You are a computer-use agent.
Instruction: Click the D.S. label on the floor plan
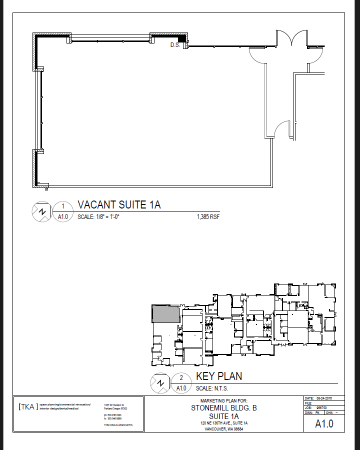[x=175, y=45]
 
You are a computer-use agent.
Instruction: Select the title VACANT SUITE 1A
[x=119, y=205]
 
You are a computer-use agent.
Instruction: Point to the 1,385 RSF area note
[x=208, y=217]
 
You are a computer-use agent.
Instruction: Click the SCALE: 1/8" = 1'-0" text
[x=99, y=217]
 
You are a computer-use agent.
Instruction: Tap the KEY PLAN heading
[x=218, y=376]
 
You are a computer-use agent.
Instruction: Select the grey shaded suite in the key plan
[x=165, y=313]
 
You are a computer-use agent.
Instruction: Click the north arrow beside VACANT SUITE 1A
[x=42, y=212]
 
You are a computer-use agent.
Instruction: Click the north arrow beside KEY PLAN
[x=160, y=383]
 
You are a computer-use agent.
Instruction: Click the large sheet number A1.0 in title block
[x=323, y=424]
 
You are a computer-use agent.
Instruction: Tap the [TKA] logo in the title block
[x=27, y=406]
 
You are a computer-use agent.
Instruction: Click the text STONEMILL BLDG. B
[x=223, y=408]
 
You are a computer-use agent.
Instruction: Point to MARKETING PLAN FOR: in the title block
[x=223, y=401]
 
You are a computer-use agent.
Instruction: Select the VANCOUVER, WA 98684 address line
[x=223, y=429]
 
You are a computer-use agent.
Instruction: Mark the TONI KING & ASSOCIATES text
[x=118, y=425]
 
